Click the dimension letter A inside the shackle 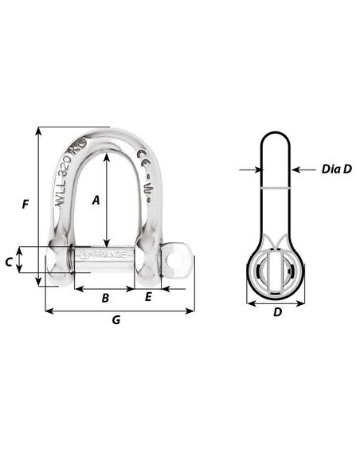(96, 201)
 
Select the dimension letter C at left (9, 260)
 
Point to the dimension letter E (148, 298)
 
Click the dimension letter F (25, 205)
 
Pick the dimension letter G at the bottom (116, 320)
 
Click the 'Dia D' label (337, 169)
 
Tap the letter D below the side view (277, 312)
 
